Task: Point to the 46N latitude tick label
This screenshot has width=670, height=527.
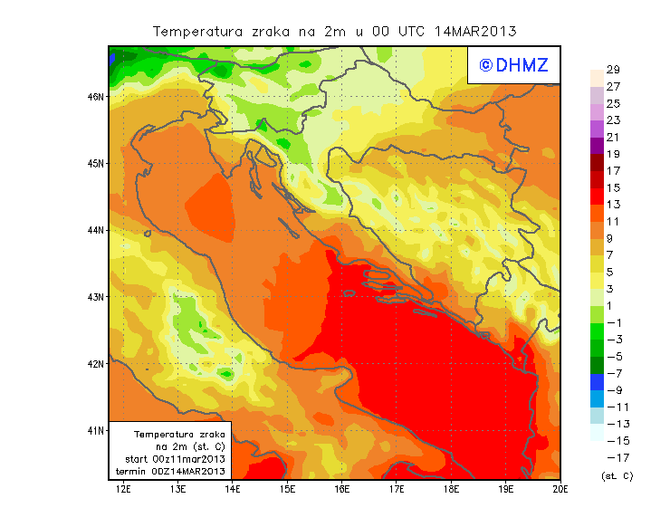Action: tap(95, 96)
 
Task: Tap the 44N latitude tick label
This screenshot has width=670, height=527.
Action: tap(95, 230)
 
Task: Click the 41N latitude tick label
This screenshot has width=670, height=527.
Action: tap(95, 430)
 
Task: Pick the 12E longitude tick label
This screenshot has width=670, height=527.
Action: tap(122, 490)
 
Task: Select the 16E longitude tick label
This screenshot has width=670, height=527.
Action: tap(342, 490)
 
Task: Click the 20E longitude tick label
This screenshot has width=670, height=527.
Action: tap(560, 490)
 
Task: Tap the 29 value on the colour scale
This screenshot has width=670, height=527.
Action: tap(613, 70)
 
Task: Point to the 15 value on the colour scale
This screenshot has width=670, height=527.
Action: tap(613, 187)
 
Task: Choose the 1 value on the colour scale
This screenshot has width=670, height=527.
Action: tap(613, 305)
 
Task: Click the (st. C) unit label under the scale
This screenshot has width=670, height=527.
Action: tap(617, 475)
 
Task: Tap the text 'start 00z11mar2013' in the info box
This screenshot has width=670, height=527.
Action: tap(175, 459)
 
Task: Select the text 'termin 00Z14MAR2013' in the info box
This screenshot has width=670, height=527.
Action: tap(175, 472)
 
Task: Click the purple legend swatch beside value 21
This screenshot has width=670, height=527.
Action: tap(596, 144)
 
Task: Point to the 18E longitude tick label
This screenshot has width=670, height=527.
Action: tap(452, 490)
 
